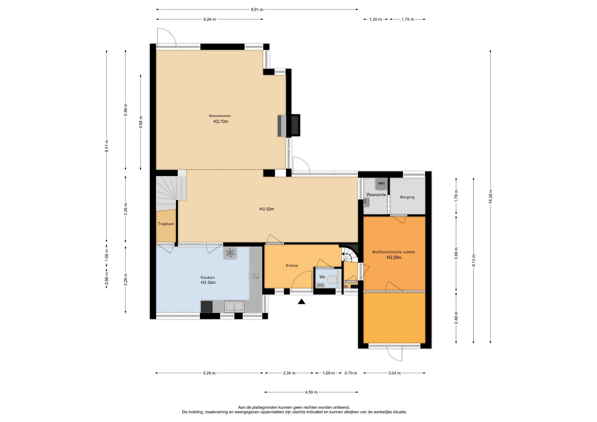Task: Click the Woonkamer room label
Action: coord(220,116)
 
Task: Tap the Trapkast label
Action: coord(166,224)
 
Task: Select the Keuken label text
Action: coord(208,278)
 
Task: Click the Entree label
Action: coord(292,265)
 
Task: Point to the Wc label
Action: coord(322,277)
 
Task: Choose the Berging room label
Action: coord(407,197)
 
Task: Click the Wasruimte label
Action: coord(376,195)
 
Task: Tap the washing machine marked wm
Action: coord(382,183)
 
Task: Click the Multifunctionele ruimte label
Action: coord(394,252)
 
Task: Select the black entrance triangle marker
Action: coord(301,301)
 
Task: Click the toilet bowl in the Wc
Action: coord(332,280)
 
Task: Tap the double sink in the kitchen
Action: coord(234,306)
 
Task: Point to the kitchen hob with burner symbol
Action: coord(230,253)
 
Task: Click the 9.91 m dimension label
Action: coord(257,10)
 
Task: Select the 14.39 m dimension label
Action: coord(490,196)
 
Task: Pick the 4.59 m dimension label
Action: coord(311,392)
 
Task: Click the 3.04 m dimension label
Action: coord(394,373)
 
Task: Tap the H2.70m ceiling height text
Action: coord(221,122)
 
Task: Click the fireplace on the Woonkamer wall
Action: coord(289,126)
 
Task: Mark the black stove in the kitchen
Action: coord(207,307)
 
